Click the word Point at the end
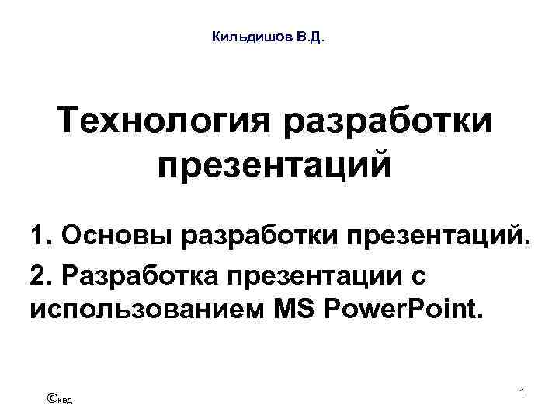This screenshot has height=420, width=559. [446, 312]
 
